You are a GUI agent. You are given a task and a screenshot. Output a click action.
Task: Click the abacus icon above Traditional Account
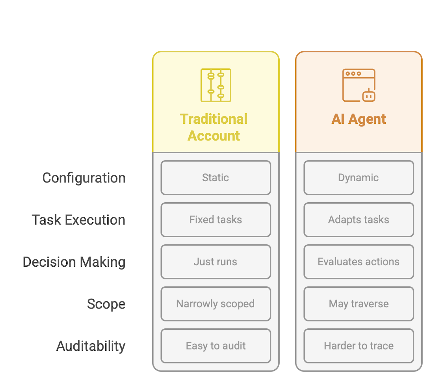[x=216, y=85]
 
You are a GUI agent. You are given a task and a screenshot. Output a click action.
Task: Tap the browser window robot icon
[x=358, y=85]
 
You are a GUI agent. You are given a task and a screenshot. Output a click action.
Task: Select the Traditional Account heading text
[x=214, y=127]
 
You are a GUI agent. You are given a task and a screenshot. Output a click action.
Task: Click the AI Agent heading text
[x=359, y=119]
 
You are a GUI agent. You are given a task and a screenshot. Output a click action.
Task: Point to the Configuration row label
[x=84, y=178]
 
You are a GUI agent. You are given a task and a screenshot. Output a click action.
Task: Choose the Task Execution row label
[x=78, y=220]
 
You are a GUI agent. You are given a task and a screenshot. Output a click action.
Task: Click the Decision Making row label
[x=74, y=262]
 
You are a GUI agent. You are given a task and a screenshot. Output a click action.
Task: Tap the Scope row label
[x=106, y=304]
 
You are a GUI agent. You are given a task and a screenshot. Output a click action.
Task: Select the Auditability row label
[x=90, y=346]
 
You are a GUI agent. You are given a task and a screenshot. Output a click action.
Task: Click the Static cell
[x=216, y=178]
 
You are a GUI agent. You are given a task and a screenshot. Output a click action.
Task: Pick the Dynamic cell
[x=359, y=178]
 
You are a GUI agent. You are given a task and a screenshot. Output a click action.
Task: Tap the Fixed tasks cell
[x=216, y=220]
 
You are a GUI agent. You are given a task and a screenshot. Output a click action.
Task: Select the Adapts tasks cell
[x=359, y=220]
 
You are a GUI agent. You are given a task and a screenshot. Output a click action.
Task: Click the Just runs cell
[x=216, y=262]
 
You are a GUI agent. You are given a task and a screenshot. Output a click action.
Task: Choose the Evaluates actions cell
[x=359, y=262]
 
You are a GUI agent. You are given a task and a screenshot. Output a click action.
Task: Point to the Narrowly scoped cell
[x=216, y=304]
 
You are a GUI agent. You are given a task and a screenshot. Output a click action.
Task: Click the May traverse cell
[x=359, y=304]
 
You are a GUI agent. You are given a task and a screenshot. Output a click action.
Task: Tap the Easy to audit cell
[x=216, y=346]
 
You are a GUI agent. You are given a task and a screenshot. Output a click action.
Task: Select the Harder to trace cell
[x=359, y=346]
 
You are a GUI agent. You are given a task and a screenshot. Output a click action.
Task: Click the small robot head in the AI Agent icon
[x=369, y=96]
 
